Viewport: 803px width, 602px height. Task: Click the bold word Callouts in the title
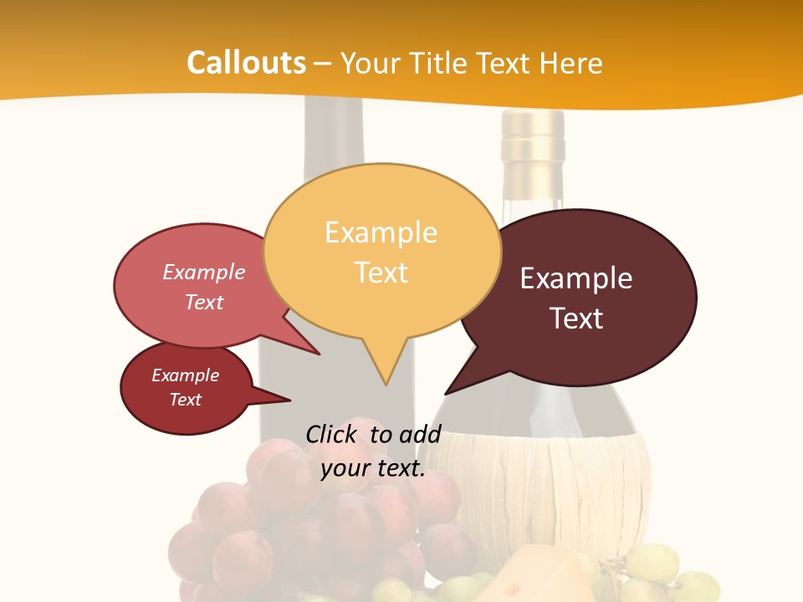point(246,63)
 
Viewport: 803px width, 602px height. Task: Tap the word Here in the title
point(571,63)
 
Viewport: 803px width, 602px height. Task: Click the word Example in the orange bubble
point(381,232)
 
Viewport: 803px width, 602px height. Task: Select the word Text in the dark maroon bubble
point(576,319)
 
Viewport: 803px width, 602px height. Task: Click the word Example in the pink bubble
point(203,272)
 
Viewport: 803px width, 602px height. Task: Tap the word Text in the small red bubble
point(185,400)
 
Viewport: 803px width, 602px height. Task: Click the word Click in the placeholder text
point(331,434)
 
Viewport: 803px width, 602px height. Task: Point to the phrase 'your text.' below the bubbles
point(372,469)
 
